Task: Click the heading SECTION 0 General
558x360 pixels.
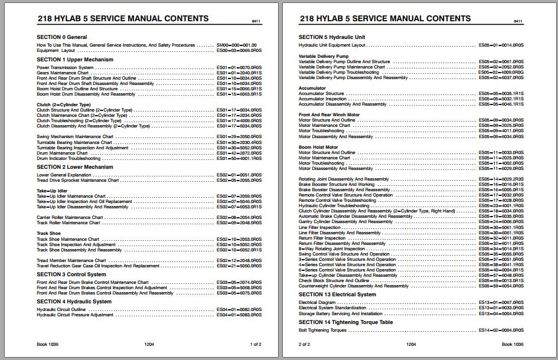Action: click(x=62, y=37)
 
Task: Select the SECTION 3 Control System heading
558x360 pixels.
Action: click(x=71, y=274)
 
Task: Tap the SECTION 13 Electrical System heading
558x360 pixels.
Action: click(x=337, y=294)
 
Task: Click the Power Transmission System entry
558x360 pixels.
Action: click(x=66, y=67)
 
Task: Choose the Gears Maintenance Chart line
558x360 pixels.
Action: click(x=63, y=73)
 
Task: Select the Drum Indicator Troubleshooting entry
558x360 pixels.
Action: click(x=69, y=158)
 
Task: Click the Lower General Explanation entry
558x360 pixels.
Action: click(x=64, y=175)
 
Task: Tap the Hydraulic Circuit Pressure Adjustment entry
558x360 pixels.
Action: click(x=75, y=315)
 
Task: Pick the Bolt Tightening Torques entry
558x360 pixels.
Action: click(x=322, y=330)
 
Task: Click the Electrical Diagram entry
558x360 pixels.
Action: click(x=317, y=302)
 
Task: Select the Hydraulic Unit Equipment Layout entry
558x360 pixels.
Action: click(x=332, y=45)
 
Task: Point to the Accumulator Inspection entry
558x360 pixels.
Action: click(x=322, y=99)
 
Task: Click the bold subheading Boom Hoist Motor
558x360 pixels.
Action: click(x=318, y=147)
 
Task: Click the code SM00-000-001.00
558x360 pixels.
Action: click(x=237, y=45)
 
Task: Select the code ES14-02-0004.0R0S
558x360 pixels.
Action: click(x=501, y=330)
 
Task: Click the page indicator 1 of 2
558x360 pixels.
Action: click(x=256, y=344)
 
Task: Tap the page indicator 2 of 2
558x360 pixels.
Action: click(x=304, y=344)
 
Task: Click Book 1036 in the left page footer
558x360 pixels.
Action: click(x=47, y=344)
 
